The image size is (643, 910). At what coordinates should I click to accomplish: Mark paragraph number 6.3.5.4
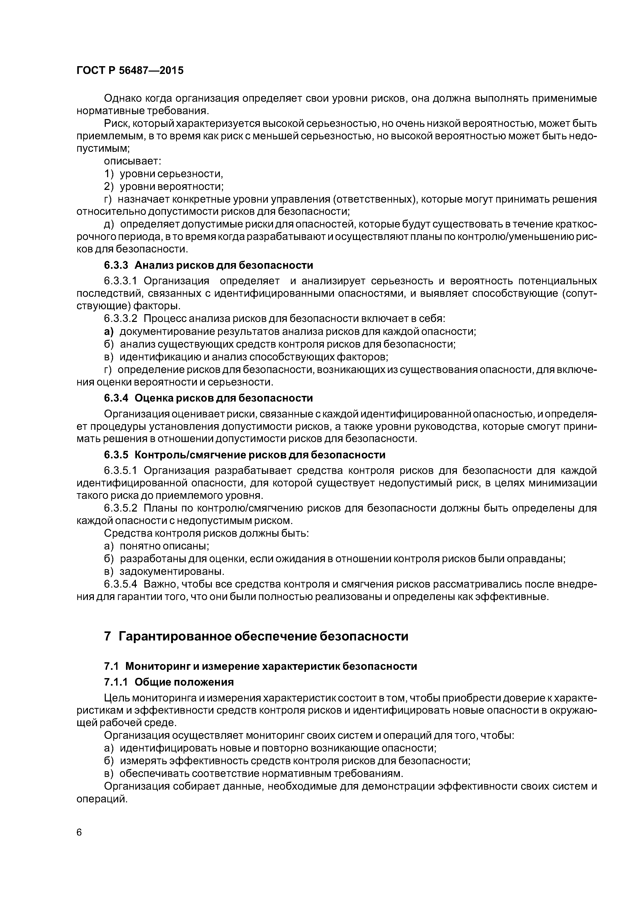point(121,584)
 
